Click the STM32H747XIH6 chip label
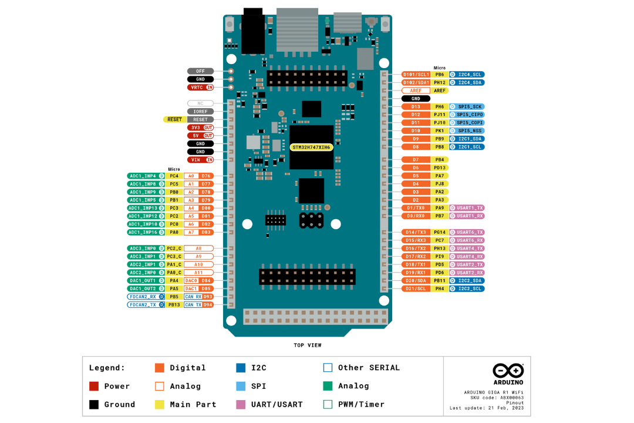coord(311,147)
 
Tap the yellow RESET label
coord(174,119)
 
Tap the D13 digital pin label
coord(416,106)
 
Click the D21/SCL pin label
coord(416,289)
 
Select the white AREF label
coord(416,90)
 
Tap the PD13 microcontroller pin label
coord(440,167)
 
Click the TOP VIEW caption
coord(308,345)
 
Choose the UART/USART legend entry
coord(276,404)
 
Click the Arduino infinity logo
coord(508,371)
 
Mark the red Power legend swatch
coord(94,386)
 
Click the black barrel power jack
coord(253,32)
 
